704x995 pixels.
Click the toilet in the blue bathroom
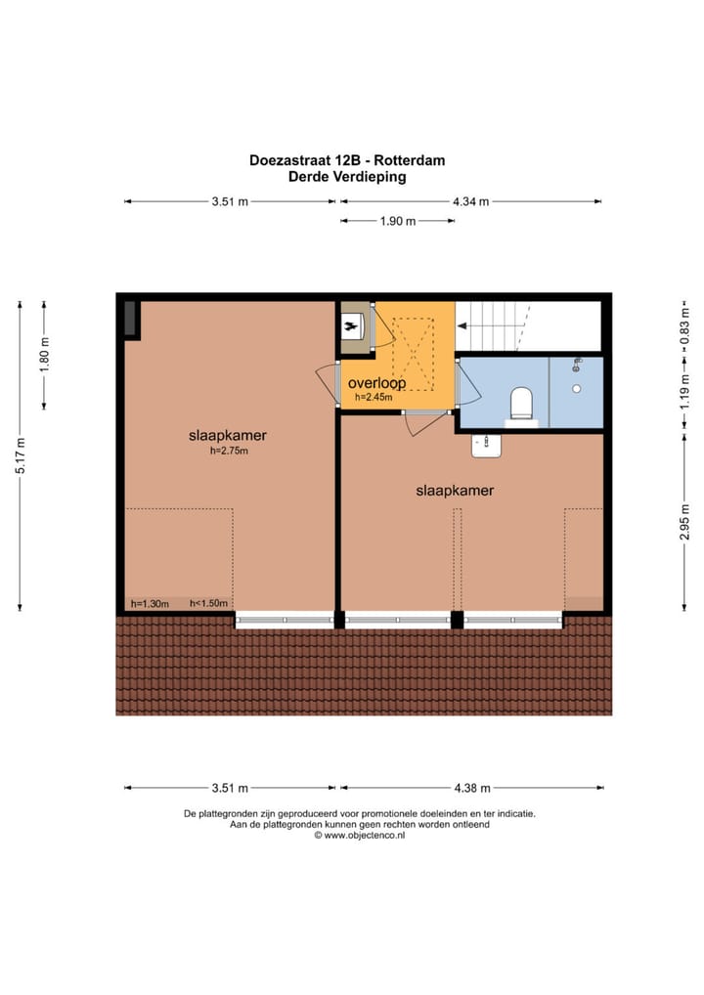[x=522, y=403]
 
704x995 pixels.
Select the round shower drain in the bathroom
[x=577, y=388]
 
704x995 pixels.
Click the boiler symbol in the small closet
[x=351, y=326]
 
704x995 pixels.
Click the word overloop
[x=376, y=383]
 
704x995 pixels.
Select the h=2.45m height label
[x=374, y=398]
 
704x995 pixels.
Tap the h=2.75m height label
[x=228, y=452]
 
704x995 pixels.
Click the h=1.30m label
[x=151, y=604]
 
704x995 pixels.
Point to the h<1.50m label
[x=207, y=604]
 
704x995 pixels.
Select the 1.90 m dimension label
[x=397, y=221]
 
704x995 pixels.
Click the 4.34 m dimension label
[x=470, y=201]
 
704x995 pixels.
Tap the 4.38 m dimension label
[x=471, y=788]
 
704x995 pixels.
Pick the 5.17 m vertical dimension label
[x=21, y=456]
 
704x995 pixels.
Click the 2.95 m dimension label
[x=685, y=521]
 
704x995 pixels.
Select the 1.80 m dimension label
[x=45, y=354]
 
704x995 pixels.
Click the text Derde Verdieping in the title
[x=347, y=178]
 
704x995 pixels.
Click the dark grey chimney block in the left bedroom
[x=130, y=320]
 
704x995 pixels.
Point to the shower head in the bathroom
[x=577, y=366]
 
